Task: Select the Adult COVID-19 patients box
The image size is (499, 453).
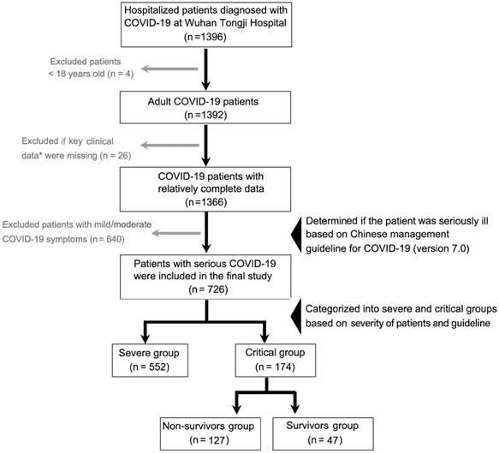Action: (x=205, y=107)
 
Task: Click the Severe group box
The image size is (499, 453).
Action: (x=150, y=361)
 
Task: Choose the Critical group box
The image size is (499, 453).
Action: (x=276, y=361)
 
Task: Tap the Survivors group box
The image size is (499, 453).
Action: (x=323, y=433)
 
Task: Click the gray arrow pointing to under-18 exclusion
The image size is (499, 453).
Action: (x=169, y=69)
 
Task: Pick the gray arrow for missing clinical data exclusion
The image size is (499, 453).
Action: (x=169, y=146)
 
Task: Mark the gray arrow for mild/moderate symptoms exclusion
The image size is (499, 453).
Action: (x=176, y=233)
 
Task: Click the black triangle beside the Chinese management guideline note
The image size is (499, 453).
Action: (x=296, y=235)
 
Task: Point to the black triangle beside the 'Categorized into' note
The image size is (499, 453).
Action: (x=296, y=317)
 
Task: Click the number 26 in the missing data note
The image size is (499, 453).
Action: (x=122, y=155)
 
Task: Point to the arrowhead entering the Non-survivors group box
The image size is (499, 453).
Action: (x=236, y=408)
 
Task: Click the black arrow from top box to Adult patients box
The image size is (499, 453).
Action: (x=206, y=69)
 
